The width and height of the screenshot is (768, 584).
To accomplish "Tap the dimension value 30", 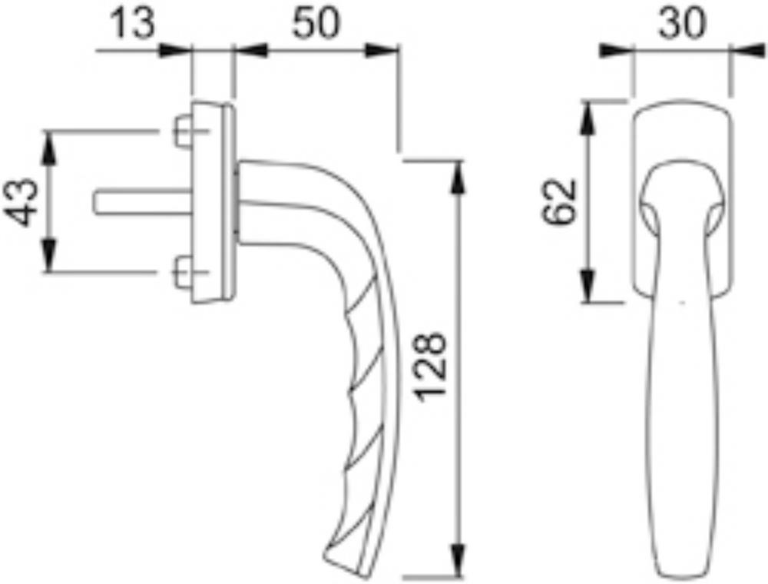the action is (x=682, y=23).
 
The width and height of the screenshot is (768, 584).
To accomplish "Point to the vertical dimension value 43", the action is (x=21, y=202).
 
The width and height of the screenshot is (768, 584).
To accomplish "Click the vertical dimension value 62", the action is (x=559, y=201).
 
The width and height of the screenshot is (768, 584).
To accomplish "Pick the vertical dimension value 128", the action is (x=430, y=367).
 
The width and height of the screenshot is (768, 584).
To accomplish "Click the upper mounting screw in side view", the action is (x=184, y=131).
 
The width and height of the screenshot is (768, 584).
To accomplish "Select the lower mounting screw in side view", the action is (x=184, y=272).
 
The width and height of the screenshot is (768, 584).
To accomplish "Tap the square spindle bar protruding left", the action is (x=143, y=201).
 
